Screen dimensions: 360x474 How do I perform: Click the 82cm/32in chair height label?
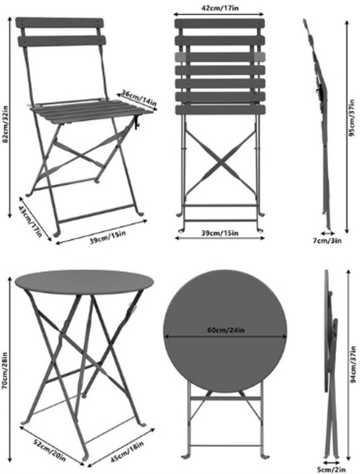5,124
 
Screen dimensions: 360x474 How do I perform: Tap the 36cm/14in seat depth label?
139,98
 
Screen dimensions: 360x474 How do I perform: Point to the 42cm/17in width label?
220,8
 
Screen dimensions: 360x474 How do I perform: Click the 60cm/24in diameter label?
226,330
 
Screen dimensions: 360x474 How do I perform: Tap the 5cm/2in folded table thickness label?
331,470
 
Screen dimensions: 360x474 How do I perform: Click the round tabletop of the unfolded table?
84,282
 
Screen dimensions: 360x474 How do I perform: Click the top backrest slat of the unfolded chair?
59,23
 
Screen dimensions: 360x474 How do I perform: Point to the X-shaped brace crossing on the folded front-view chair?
220,163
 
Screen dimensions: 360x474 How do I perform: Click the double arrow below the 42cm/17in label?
219,15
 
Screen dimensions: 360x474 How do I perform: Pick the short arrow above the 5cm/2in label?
332,463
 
